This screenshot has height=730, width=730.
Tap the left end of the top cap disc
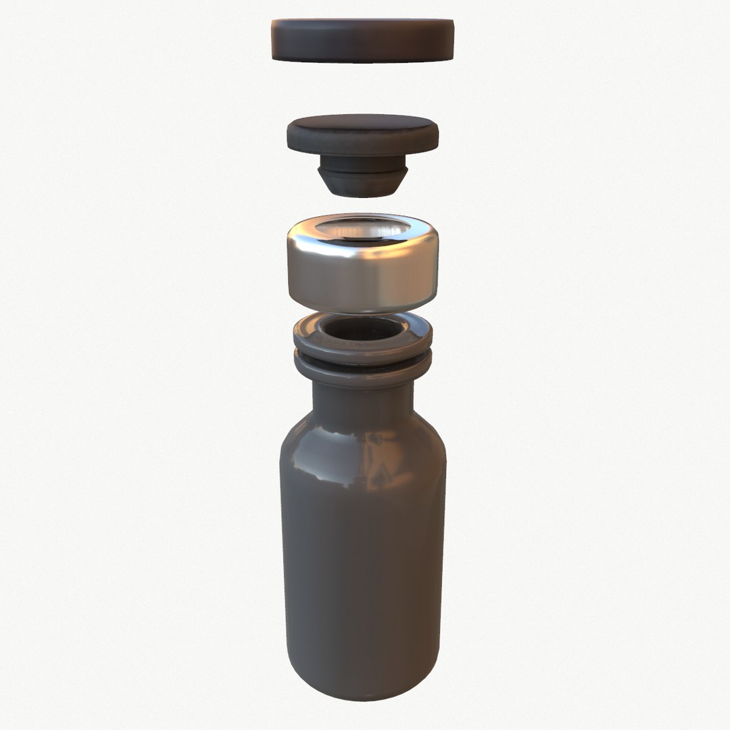(x=276, y=41)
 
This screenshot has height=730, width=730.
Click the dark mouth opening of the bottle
(x=363, y=329)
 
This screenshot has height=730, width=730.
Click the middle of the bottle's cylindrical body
(x=363, y=554)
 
